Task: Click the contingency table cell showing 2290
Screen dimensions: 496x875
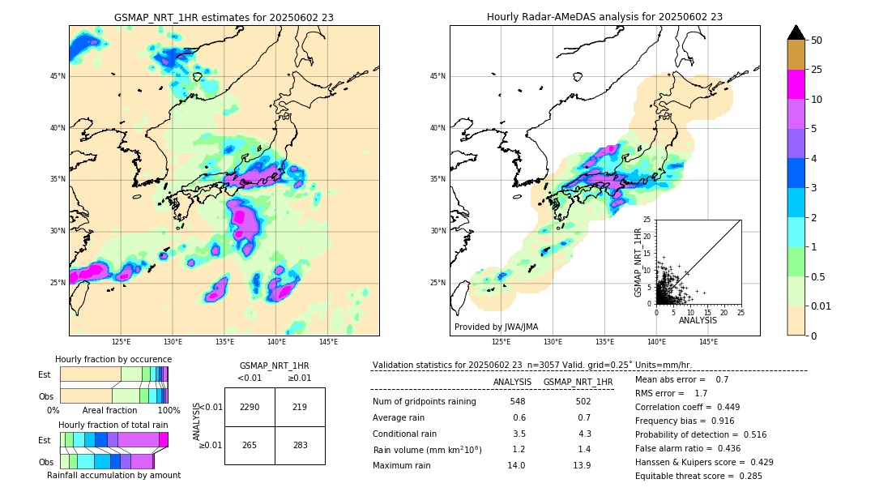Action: (250, 407)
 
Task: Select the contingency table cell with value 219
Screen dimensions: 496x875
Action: (300, 407)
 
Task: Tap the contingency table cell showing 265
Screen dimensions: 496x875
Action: (250, 445)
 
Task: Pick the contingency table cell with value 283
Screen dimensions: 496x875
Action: (300, 445)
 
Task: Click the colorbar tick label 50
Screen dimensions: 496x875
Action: (817, 41)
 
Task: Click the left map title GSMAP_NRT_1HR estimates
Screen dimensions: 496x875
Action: (224, 17)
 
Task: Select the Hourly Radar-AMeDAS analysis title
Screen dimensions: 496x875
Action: (604, 17)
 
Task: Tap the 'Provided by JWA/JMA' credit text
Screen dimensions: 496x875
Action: (496, 327)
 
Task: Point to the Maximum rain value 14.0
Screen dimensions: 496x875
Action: (517, 465)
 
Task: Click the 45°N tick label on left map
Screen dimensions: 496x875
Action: (58, 76)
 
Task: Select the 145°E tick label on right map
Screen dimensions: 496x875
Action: (708, 342)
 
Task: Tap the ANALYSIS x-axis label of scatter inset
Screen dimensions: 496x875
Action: (698, 320)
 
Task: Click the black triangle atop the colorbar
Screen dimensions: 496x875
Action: (796, 32)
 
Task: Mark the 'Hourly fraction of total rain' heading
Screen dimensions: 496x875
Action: (113, 425)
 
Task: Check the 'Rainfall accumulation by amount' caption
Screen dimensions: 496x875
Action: (113, 475)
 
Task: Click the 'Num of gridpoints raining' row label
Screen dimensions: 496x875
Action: (425, 401)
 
